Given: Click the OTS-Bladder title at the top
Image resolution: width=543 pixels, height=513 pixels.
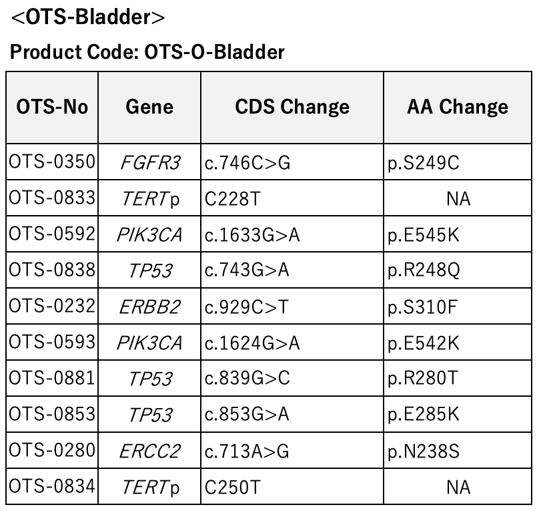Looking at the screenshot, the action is (x=88, y=17).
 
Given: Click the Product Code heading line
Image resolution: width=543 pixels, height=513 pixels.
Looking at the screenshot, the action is (x=147, y=52).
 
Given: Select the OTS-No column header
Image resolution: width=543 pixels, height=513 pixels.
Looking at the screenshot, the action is (x=52, y=106).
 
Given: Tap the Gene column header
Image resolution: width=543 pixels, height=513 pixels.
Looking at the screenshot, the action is (x=149, y=106).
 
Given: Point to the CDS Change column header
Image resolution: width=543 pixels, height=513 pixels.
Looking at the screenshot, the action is (x=292, y=106).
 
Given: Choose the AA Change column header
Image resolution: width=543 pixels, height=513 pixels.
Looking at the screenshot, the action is (x=458, y=106).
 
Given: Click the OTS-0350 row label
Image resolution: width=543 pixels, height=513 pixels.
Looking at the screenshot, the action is (x=52, y=162).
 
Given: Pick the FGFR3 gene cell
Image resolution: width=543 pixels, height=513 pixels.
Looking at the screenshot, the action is (x=150, y=163).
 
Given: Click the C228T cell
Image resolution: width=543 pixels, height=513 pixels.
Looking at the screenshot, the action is (x=232, y=199).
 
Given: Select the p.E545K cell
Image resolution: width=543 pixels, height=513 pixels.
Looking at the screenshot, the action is (x=423, y=235).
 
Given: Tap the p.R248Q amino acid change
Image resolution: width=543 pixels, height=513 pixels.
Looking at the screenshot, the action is (x=424, y=271).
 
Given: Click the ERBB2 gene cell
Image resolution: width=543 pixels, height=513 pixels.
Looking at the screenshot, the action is (x=149, y=307).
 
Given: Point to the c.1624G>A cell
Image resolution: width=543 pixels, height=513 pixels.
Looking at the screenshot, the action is (x=252, y=343).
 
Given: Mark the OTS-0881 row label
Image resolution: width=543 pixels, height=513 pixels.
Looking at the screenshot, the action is (x=52, y=378).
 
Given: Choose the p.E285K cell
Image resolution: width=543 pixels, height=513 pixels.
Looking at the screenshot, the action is (x=423, y=414).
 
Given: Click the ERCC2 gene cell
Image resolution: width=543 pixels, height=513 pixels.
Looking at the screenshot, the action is (x=149, y=452).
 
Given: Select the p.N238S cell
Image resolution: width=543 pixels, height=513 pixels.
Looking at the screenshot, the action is (x=423, y=452).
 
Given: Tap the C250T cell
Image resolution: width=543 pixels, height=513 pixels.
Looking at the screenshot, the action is (x=232, y=488).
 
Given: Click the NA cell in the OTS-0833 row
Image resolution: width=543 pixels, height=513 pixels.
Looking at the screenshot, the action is (x=458, y=199).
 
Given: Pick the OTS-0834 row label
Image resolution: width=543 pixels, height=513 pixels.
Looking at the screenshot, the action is (x=52, y=486).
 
